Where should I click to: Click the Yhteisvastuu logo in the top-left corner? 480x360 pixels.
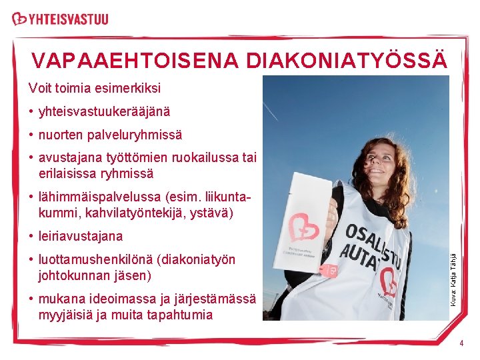tap(60, 19)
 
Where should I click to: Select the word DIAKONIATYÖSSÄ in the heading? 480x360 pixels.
tap(346, 61)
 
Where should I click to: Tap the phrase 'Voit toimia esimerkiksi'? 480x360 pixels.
tap(94, 88)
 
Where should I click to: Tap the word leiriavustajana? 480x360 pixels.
tap(81, 236)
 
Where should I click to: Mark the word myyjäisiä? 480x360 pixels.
tap(67, 314)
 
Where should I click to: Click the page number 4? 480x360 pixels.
tap(461, 343)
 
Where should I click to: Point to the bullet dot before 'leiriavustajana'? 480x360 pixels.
tap(31, 237)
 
